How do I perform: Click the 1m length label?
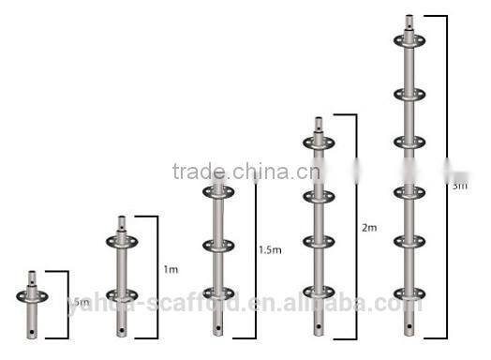point(171,270)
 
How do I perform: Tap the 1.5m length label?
point(269,249)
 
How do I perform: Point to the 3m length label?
point(459,186)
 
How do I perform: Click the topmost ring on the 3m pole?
point(409,41)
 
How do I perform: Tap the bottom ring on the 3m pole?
point(409,292)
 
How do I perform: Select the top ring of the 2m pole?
point(319,142)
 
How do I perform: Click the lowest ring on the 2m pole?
point(319,292)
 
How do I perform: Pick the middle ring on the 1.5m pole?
point(218,246)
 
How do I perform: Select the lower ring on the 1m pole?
point(122,294)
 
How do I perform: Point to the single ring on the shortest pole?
point(32,296)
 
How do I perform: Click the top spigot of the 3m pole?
point(409,22)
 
